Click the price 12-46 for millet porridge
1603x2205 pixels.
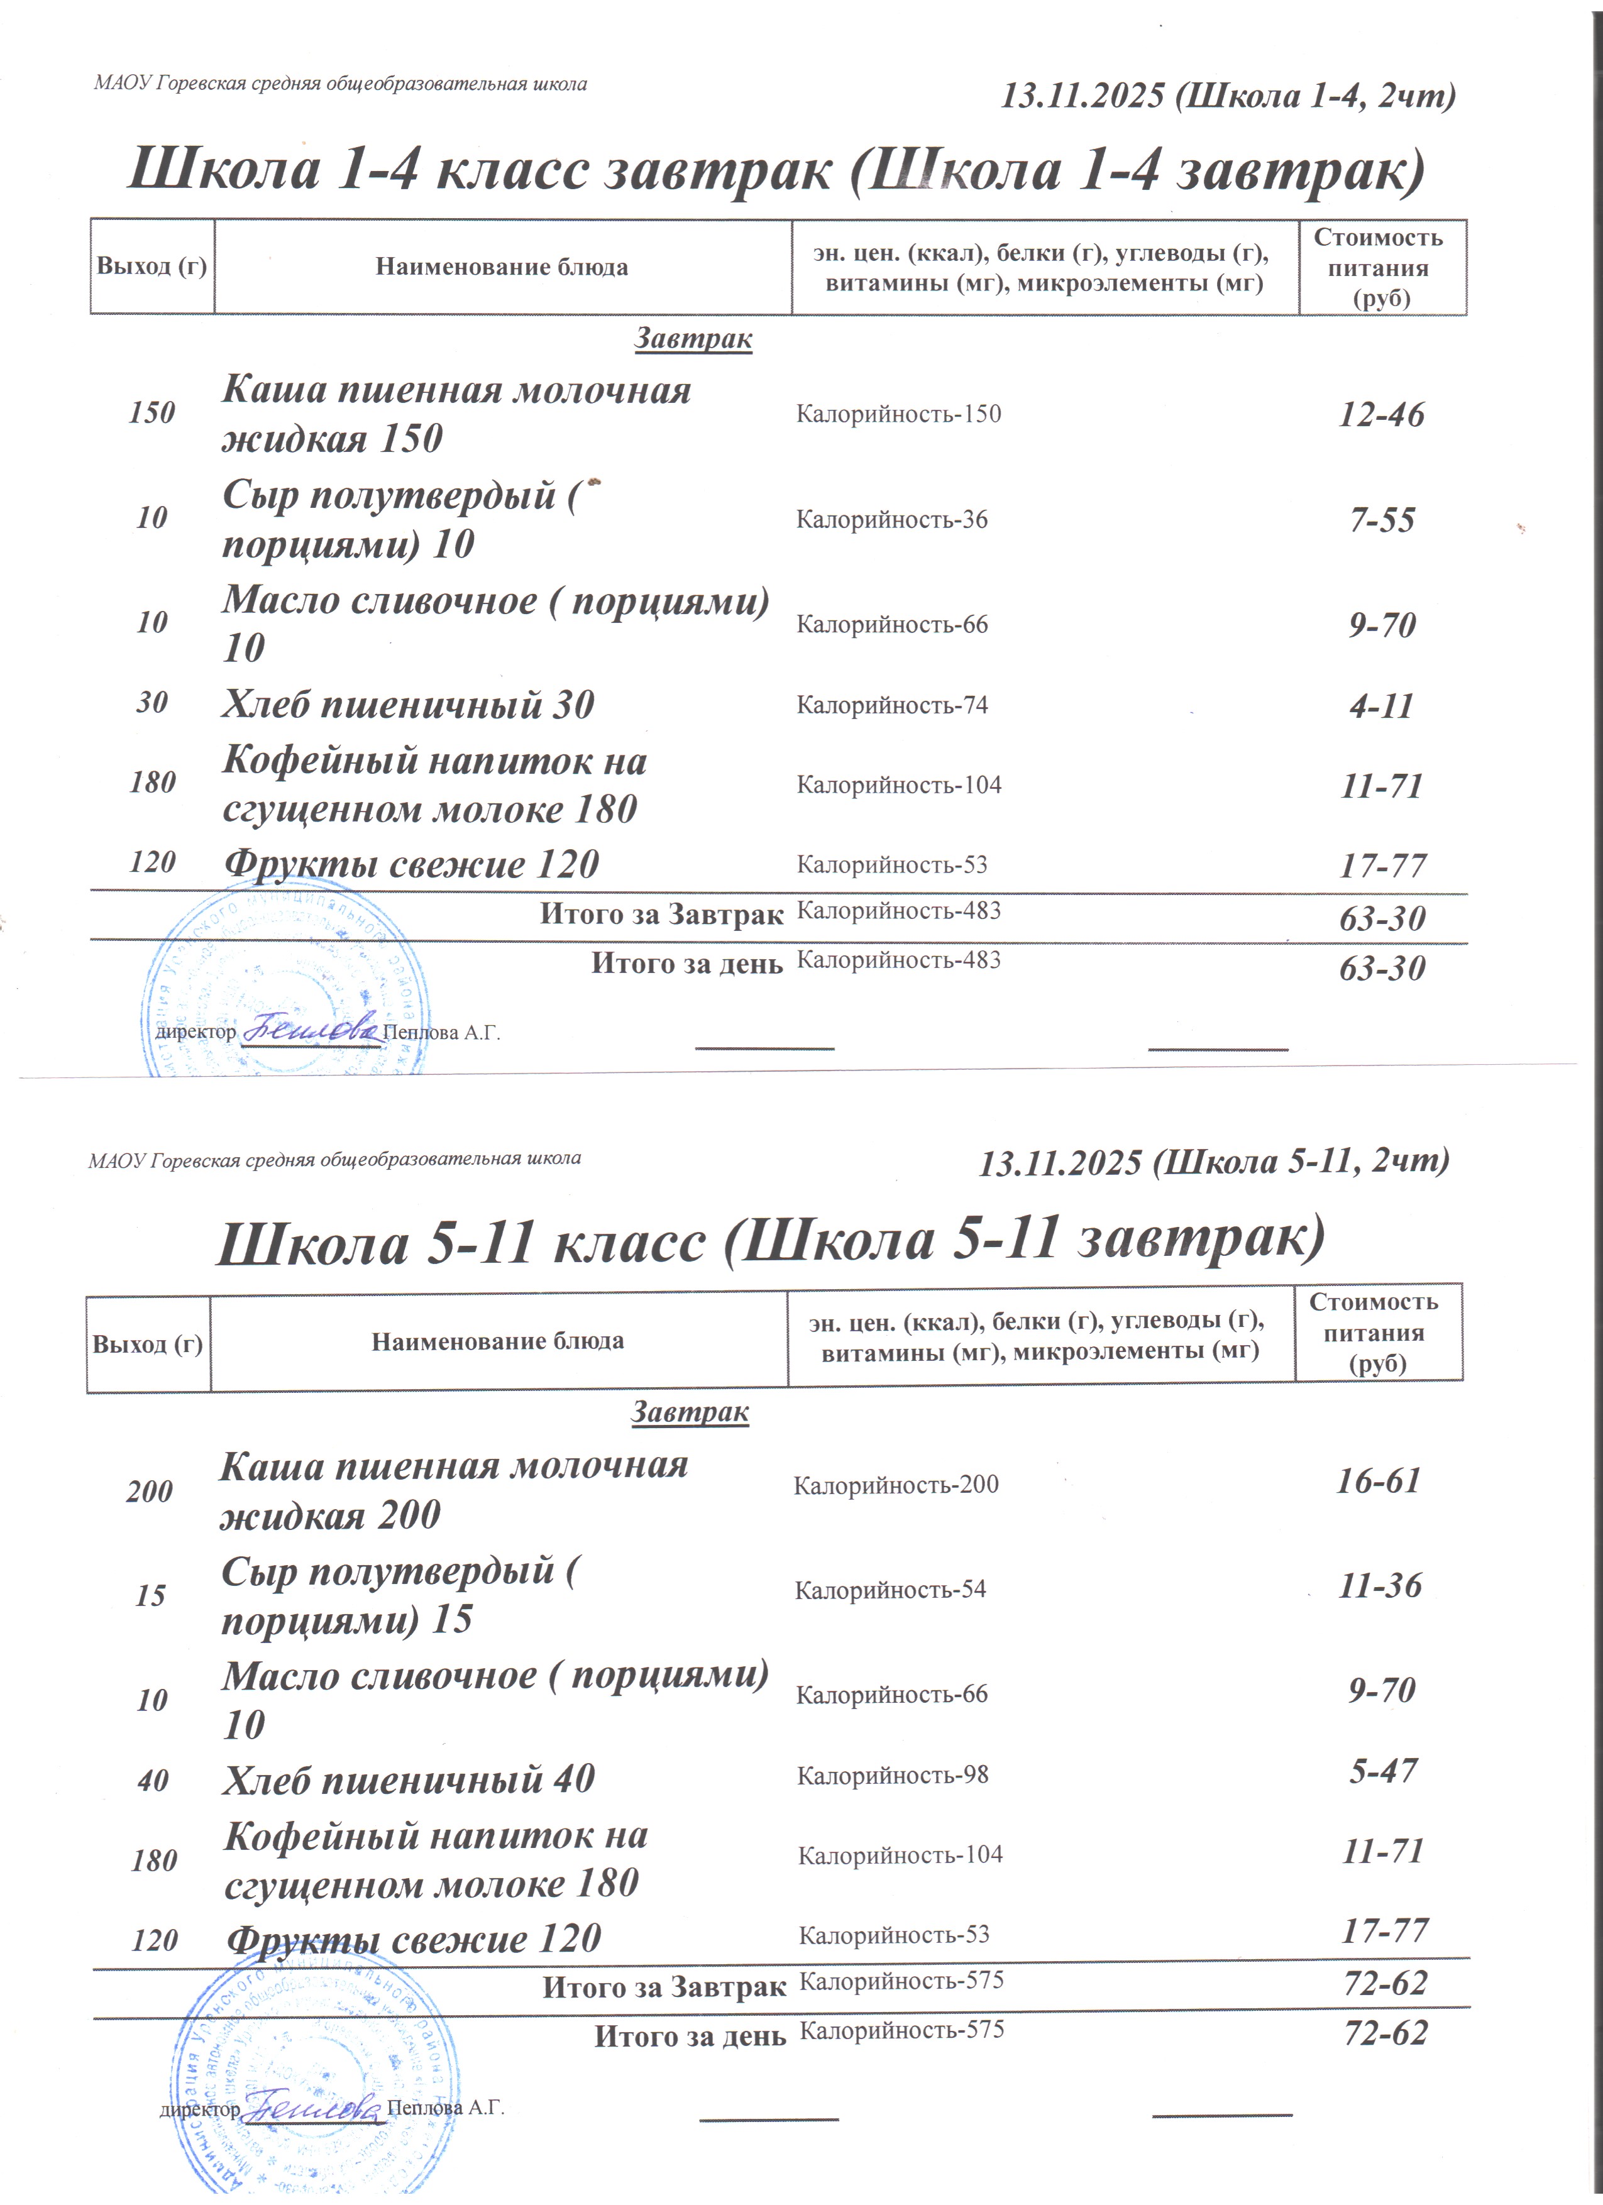pos(1380,415)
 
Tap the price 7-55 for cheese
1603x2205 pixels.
pos(1381,520)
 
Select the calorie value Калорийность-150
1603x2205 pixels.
pos(898,414)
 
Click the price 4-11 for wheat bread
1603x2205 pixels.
pos(1380,706)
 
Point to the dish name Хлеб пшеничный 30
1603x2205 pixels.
pos(407,705)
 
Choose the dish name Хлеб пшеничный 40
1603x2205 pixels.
pos(408,1780)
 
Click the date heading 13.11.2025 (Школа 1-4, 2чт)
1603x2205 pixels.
pos(1228,96)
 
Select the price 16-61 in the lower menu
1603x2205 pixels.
pos(1379,1481)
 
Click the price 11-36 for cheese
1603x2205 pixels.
pos(1379,1586)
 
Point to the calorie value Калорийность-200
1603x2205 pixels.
pos(895,1485)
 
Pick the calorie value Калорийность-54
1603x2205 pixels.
pos(890,1590)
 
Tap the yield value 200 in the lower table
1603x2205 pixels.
pos(149,1492)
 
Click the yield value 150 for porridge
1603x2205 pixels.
pos(151,413)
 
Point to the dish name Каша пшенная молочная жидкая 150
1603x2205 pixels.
pos(455,414)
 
